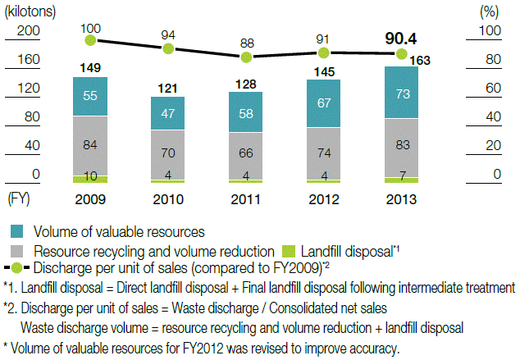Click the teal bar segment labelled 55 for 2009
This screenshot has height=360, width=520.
click(90, 96)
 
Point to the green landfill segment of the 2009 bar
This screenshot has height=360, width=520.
click(90, 178)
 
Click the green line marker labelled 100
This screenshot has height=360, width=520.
click(90, 39)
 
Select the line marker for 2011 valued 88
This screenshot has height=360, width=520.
click(246, 57)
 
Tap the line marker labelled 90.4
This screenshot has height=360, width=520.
click(400, 54)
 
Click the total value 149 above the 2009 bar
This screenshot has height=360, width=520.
click(90, 67)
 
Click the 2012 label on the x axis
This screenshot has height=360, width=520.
click(323, 199)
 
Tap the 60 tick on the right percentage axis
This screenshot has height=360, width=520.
click(490, 88)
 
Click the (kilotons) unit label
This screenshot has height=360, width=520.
click(29, 10)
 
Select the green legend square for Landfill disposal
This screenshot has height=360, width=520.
click(287, 251)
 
